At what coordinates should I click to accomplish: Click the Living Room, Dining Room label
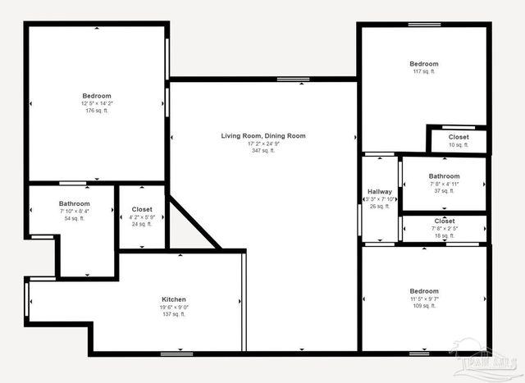click(x=262, y=135)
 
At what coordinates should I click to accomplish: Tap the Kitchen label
click(x=173, y=299)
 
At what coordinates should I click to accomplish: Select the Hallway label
click(x=379, y=192)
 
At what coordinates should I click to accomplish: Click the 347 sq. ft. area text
click(x=262, y=151)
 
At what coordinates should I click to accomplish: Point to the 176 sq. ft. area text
click(x=96, y=111)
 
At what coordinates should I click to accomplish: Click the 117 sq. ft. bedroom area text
click(x=424, y=72)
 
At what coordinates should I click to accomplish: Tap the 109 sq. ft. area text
click(x=424, y=307)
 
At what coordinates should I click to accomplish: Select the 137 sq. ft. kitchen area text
click(x=173, y=315)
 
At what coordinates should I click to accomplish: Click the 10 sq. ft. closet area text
click(x=459, y=145)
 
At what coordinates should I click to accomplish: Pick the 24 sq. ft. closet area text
click(x=142, y=225)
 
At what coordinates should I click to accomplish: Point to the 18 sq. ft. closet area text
click(x=444, y=236)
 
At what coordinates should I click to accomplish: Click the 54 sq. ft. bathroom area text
click(x=74, y=219)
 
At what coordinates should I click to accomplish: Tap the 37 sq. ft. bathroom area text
click(x=444, y=191)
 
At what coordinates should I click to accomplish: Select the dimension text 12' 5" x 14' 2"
click(x=96, y=103)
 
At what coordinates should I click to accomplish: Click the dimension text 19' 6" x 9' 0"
click(x=173, y=308)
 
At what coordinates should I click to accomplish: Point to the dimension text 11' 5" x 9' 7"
click(x=424, y=299)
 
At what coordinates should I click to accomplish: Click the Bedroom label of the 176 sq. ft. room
click(x=96, y=95)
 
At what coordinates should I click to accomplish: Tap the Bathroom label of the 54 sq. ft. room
click(x=74, y=203)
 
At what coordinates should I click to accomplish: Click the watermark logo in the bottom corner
click(x=490, y=362)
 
